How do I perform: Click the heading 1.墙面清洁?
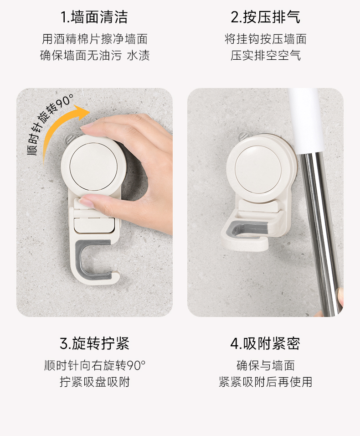click(x=94, y=17)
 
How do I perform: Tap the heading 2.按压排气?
click(x=265, y=17)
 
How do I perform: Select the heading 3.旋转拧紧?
click(x=94, y=343)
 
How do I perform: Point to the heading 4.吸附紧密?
click(x=265, y=343)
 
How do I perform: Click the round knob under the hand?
click(x=93, y=167)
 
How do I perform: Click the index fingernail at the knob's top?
click(x=86, y=126)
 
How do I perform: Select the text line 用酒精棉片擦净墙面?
click(x=95, y=39)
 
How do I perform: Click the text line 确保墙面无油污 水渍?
click(x=95, y=55)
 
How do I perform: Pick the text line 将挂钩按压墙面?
click(x=266, y=39)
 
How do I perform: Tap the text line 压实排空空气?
click(x=266, y=55)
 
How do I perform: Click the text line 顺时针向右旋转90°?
click(x=95, y=365)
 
